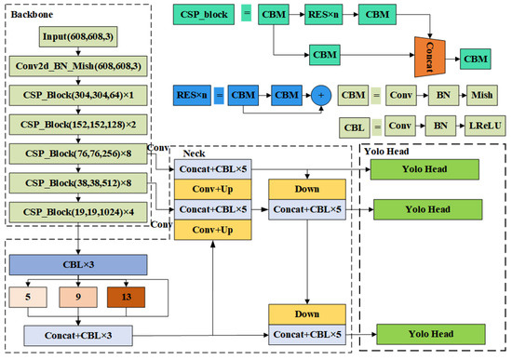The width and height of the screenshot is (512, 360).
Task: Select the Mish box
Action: [482, 94]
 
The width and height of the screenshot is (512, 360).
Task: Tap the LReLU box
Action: [482, 124]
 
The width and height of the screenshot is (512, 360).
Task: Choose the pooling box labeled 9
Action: [78, 298]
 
